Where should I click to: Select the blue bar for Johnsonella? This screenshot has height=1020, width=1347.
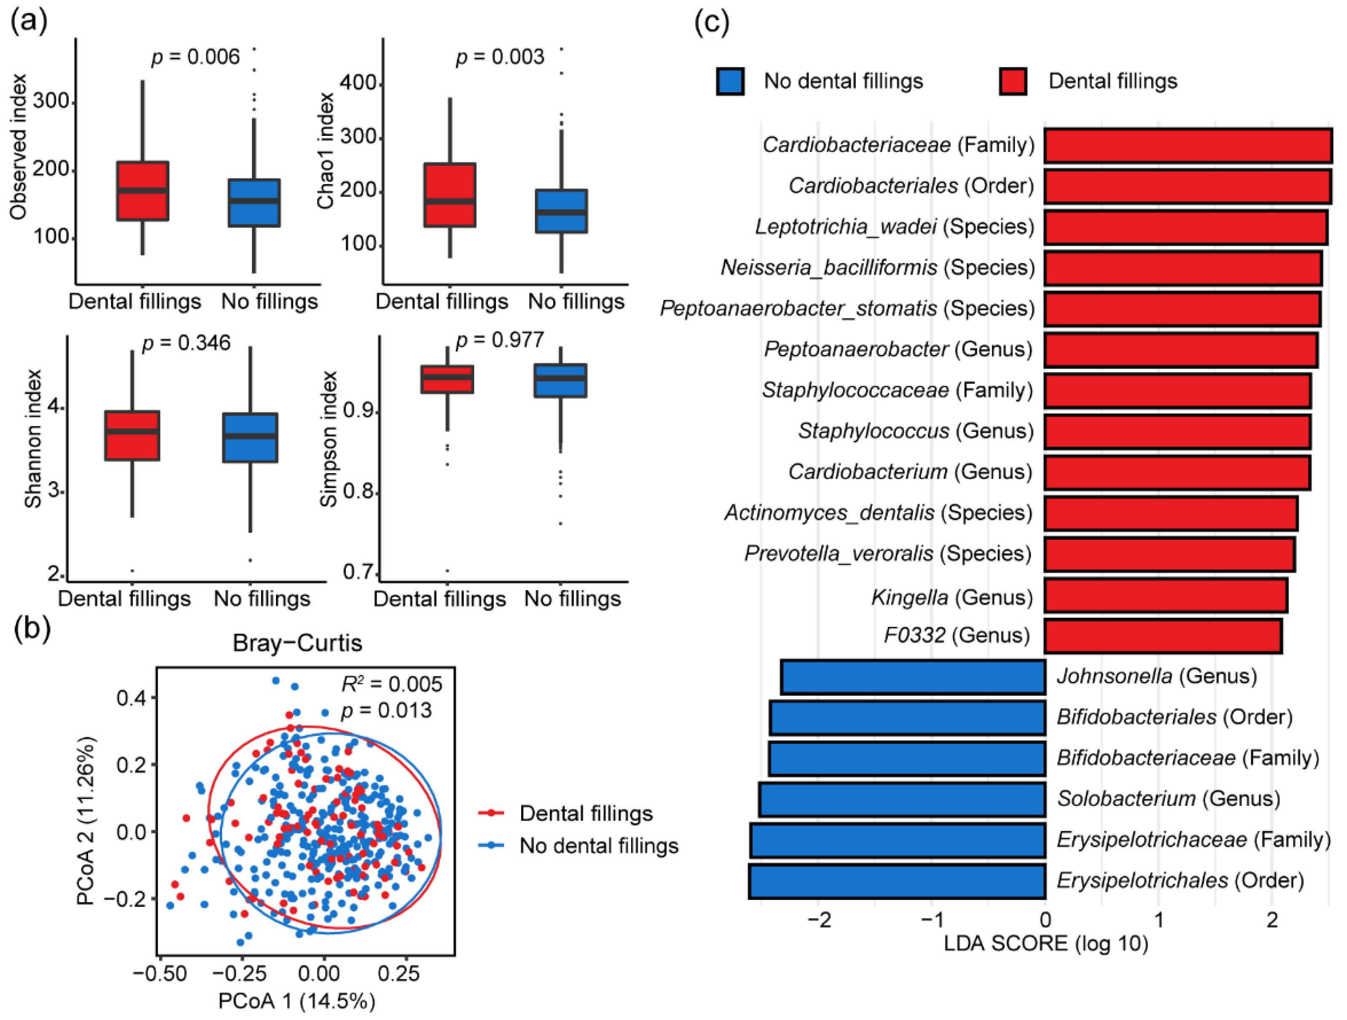point(913,676)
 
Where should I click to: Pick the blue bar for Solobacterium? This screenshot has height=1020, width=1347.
point(902,799)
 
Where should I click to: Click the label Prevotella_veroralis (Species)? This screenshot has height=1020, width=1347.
point(888,553)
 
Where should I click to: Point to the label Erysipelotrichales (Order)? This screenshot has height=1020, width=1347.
point(1180,880)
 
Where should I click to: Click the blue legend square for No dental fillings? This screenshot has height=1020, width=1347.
point(730,81)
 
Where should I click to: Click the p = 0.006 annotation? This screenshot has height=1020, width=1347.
point(195,57)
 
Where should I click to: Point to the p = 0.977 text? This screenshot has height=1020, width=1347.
point(499,339)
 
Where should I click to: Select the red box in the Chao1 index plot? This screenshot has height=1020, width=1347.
point(450,195)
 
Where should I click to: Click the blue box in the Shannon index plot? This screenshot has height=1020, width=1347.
point(250,438)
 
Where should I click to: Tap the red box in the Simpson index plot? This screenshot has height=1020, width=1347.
point(447,379)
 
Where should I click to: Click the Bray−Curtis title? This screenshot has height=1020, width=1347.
point(297,643)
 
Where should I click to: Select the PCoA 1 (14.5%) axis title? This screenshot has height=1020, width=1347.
point(297,1001)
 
